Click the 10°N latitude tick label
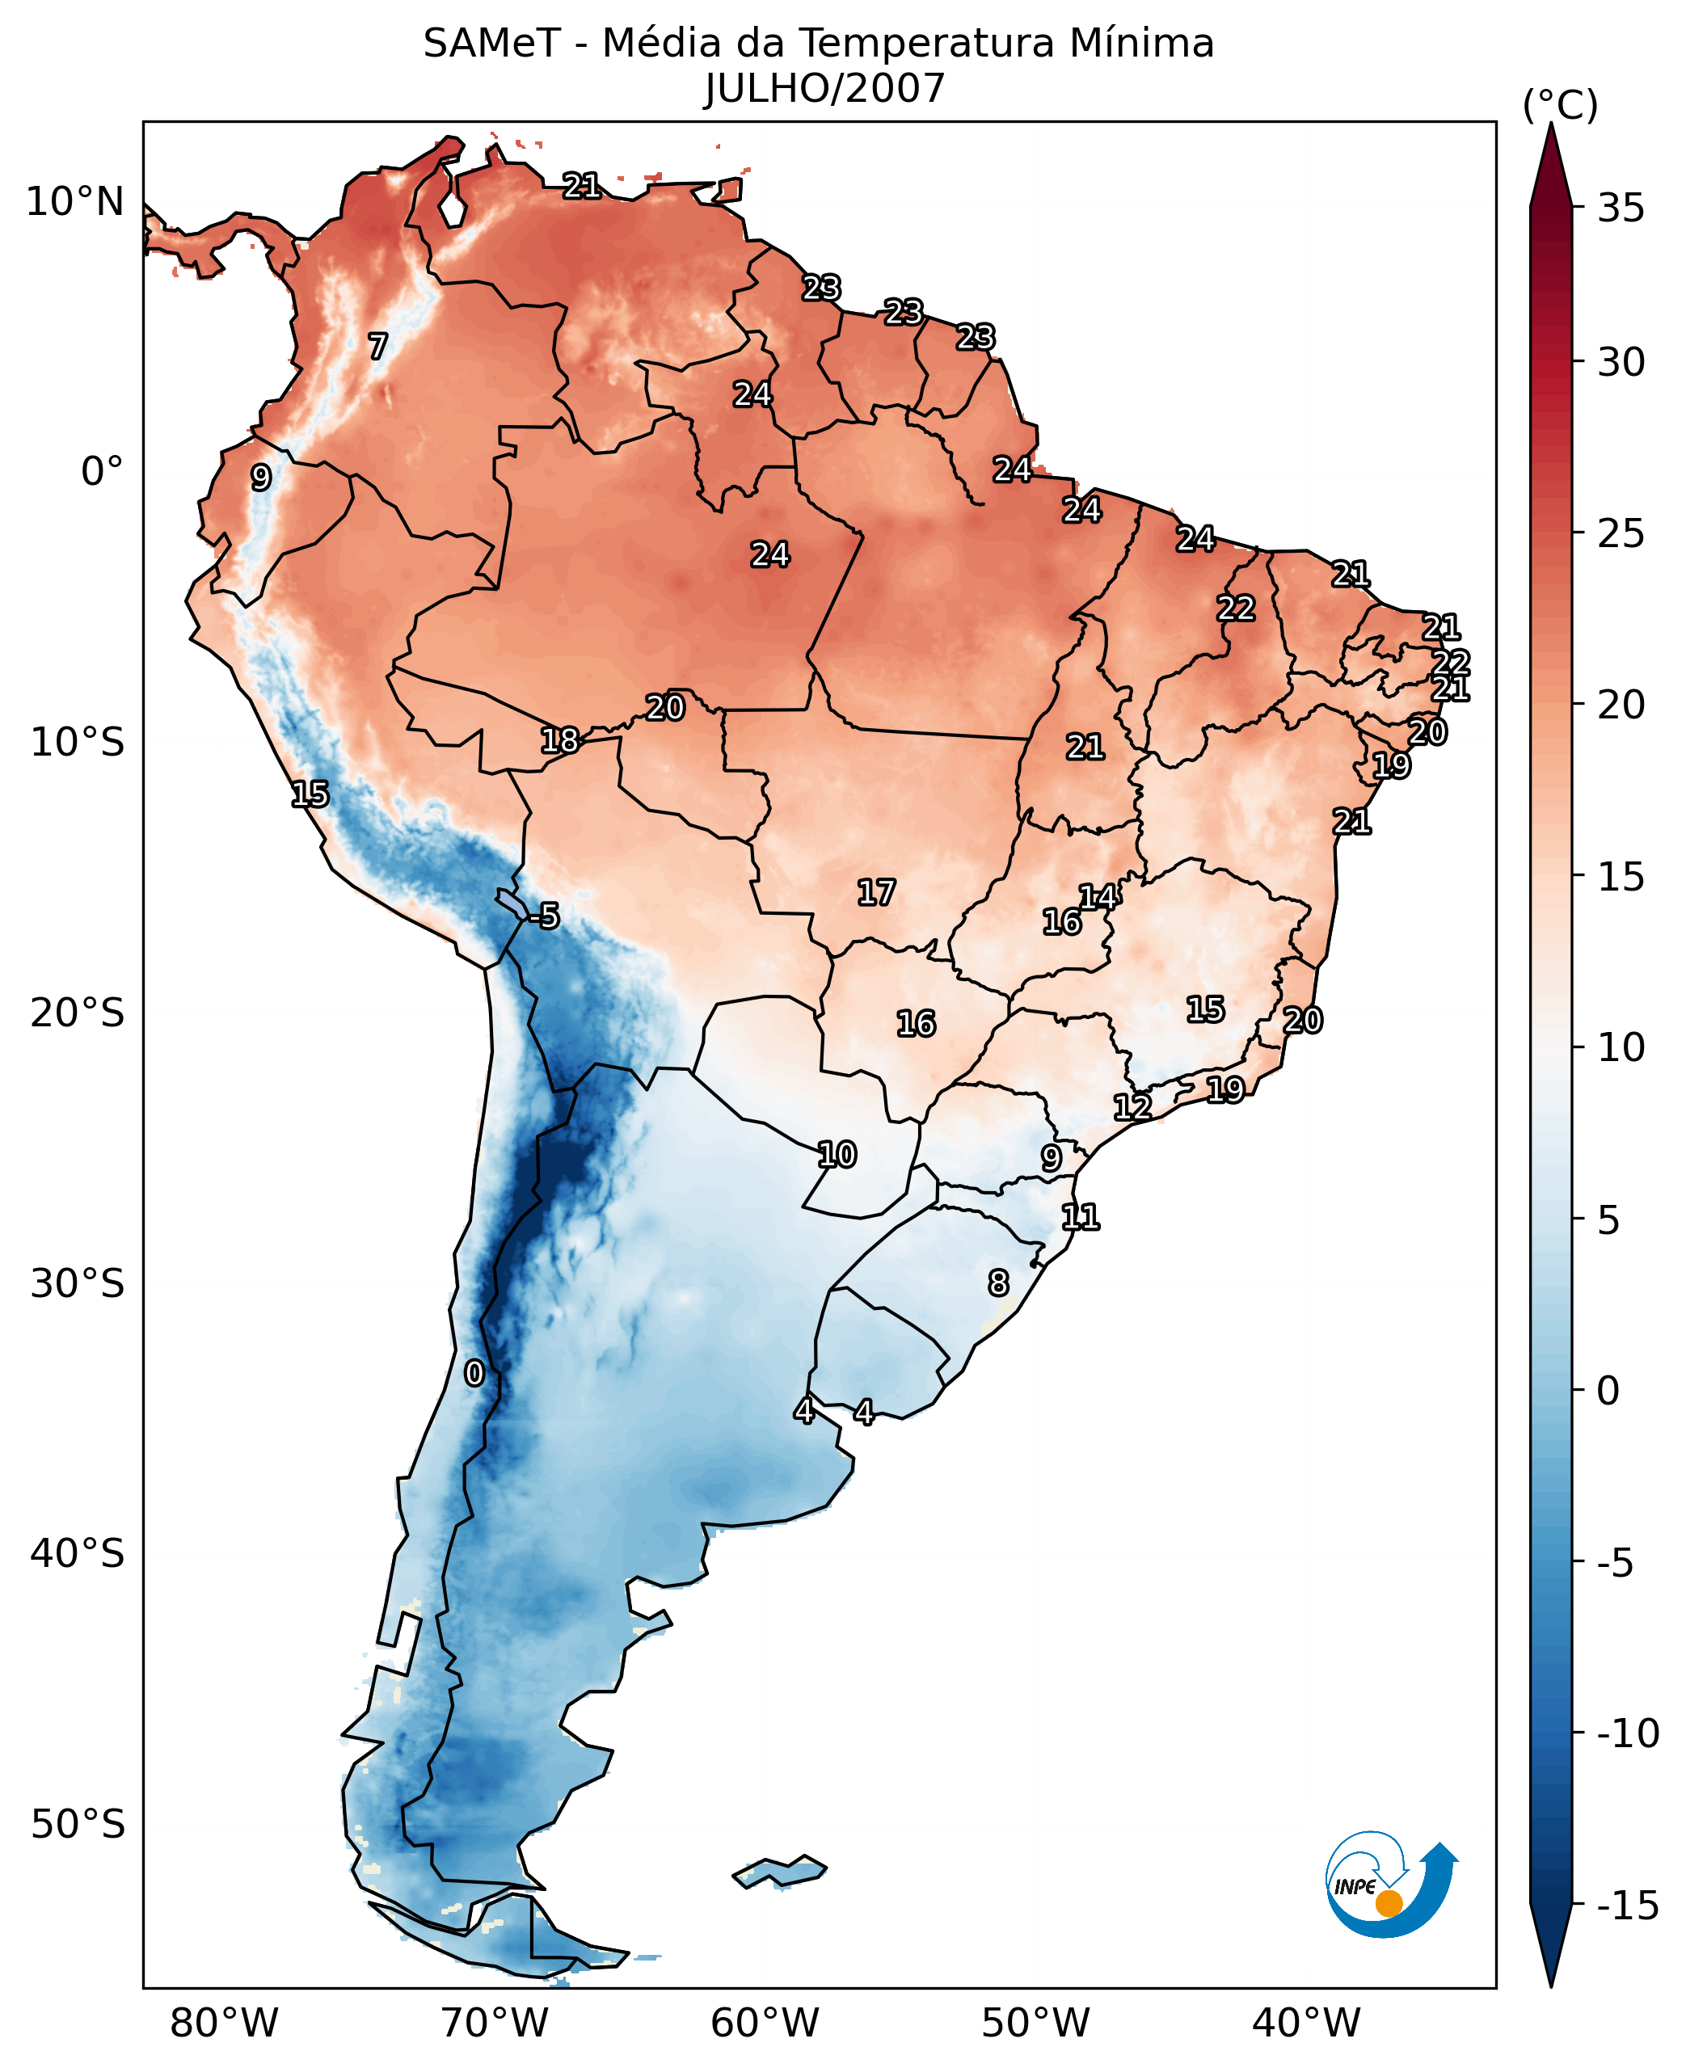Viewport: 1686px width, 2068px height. [76, 203]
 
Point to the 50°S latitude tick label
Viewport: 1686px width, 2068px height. [78, 1824]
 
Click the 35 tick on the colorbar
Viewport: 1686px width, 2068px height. [1621, 208]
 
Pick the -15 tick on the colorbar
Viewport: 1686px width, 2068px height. [1627, 1906]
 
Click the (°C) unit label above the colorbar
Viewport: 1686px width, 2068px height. [1560, 105]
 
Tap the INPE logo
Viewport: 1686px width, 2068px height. [1390, 1885]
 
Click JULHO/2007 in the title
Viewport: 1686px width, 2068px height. [824, 90]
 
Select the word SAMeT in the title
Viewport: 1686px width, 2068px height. [491, 44]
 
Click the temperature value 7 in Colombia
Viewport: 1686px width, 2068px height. [377, 346]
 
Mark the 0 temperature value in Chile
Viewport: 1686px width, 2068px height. [474, 1373]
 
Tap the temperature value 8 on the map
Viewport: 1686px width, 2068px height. [998, 1282]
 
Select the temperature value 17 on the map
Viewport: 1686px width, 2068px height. [876, 892]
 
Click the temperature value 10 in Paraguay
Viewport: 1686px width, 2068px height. [837, 1154]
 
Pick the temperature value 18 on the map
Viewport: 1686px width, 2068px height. [559, 741]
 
